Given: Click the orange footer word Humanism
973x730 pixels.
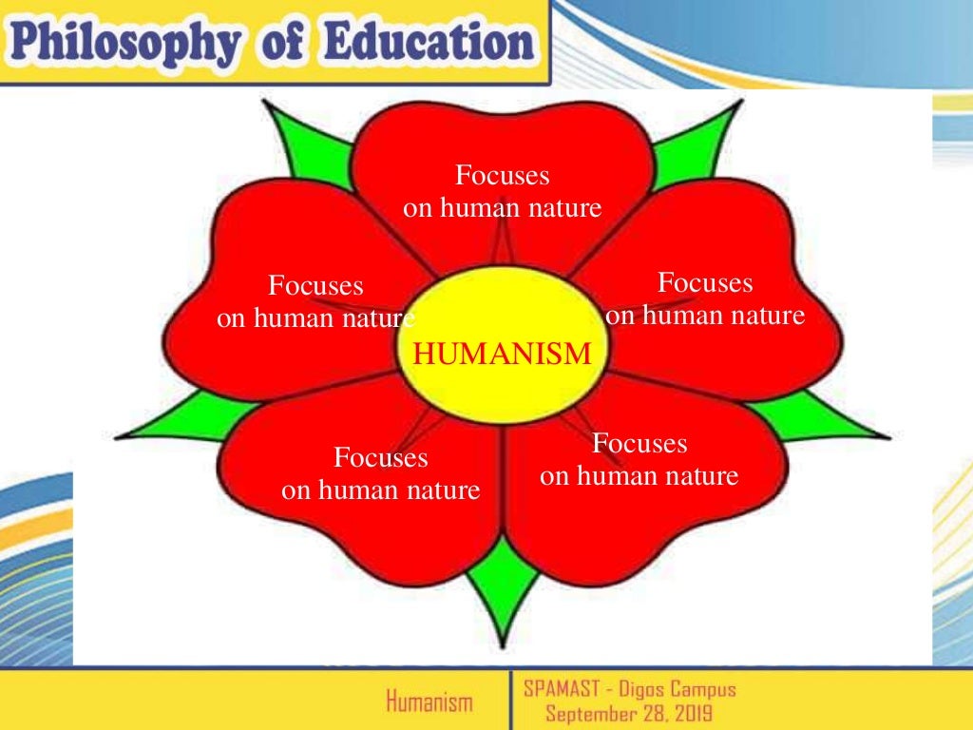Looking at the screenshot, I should (x=429, y=702).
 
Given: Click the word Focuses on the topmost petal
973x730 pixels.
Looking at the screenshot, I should (x=503, y=176).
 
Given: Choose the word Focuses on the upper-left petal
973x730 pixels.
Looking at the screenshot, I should (x=315, y=285).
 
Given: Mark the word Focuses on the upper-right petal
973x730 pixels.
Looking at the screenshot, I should (x=705, y=283).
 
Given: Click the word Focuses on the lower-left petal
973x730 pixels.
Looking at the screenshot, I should (x=381, y=458).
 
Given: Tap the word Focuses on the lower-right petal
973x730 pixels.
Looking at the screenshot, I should (x=639, y=444).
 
